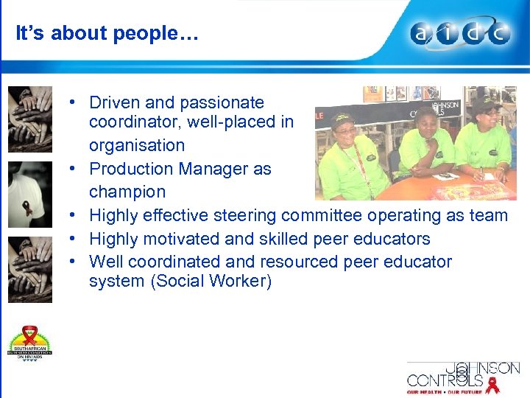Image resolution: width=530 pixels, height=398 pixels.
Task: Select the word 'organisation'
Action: pyautogui.click(x=137, y=145)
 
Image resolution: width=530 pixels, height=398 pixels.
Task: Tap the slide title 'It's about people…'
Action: pyautogui.click(x=107, y=34)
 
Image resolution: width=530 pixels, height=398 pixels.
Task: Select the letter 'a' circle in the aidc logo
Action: pyautogui.click(x=423, y=34)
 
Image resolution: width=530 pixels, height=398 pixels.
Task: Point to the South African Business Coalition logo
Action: pyautogui.click(x=30, y=343)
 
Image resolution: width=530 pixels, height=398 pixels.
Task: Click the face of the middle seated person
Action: pyautogui.click(x=428, y=119)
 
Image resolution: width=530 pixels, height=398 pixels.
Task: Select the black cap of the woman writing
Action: pyautogui.click(x=485, y=105)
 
